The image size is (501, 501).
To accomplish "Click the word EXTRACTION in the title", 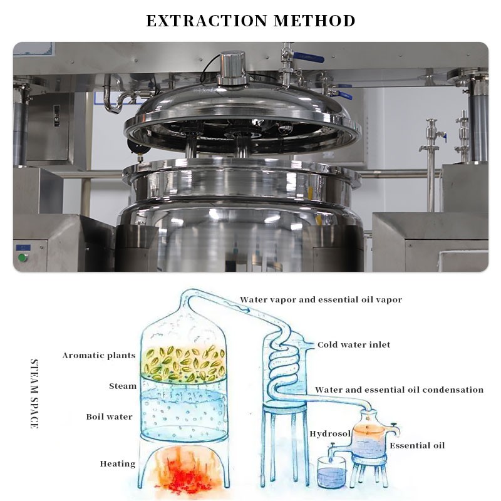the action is (207, 21).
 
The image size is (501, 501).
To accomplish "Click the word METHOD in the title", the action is (314, 21).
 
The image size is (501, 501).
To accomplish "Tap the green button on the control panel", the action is (23, 257).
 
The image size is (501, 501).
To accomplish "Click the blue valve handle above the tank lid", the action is (308, 57).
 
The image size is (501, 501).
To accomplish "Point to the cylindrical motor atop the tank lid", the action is (232, 68).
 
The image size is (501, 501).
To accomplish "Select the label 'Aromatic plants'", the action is (99, 356).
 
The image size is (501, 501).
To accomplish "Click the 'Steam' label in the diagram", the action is (123, 386).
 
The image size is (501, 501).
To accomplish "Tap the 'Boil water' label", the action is (109, 416).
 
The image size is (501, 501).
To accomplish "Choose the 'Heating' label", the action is (118, 463).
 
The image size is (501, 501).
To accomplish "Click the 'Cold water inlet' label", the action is (354, 345).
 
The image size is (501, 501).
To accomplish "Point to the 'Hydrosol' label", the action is (330, 433).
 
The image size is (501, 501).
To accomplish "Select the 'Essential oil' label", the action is (417, 445).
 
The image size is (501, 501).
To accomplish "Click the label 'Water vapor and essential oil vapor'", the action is (321, 300).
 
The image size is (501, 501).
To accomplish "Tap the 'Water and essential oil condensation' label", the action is (399, 390).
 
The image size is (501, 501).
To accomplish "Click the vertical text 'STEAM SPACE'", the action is (34, 394).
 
